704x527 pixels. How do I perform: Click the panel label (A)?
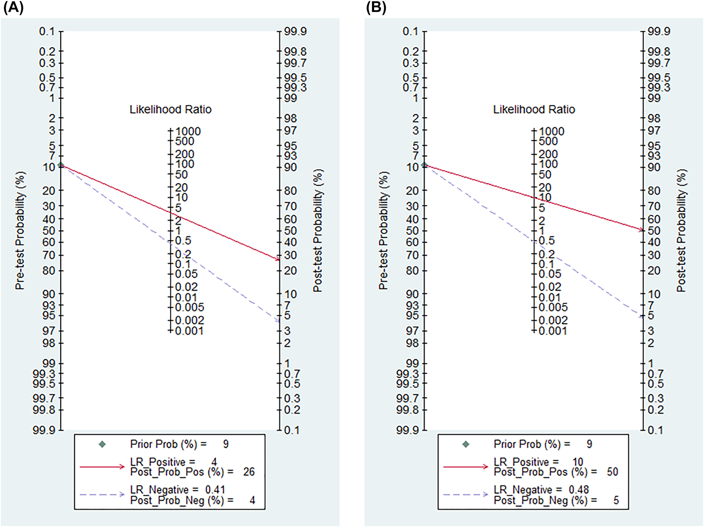click(13, 8)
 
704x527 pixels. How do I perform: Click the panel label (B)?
click(376, 8)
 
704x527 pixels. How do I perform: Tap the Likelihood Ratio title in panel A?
click(170, 110)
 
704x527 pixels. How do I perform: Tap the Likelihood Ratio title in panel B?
click(534, 110)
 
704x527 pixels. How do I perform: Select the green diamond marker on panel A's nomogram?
click(61, 165)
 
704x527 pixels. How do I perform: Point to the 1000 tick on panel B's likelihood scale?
click(551, 131)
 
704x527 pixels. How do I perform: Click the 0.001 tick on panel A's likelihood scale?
click(189, 331)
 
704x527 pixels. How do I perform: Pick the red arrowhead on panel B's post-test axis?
click(641, 230)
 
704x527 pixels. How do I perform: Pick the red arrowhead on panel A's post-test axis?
click(278, 259)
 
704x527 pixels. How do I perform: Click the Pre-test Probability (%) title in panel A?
click(20, 231)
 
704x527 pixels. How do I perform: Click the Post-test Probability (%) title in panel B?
click(681, 231)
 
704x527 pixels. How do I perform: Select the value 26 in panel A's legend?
click(249, 472)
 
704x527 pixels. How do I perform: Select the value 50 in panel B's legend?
click(612, 472)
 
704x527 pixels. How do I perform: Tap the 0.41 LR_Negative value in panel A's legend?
click(215, 490)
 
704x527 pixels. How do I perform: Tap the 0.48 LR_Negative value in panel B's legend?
click(579, 490)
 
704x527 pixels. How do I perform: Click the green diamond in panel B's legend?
click(466, 444)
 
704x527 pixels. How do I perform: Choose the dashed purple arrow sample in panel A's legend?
click(102, 494)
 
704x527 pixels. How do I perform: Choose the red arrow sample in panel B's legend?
click(465, 467)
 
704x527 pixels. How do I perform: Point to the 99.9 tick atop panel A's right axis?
click(295, 31)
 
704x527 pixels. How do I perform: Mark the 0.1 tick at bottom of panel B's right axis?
click(655, 430)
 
